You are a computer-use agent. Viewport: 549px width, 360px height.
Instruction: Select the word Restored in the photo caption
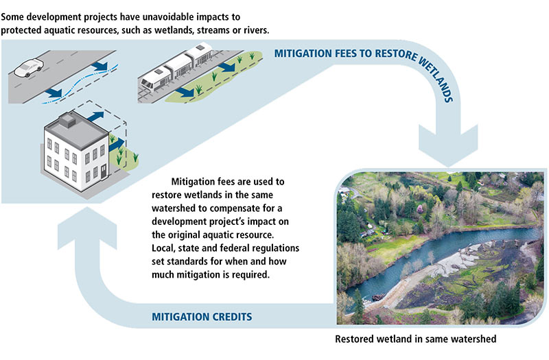pos(357,339)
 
